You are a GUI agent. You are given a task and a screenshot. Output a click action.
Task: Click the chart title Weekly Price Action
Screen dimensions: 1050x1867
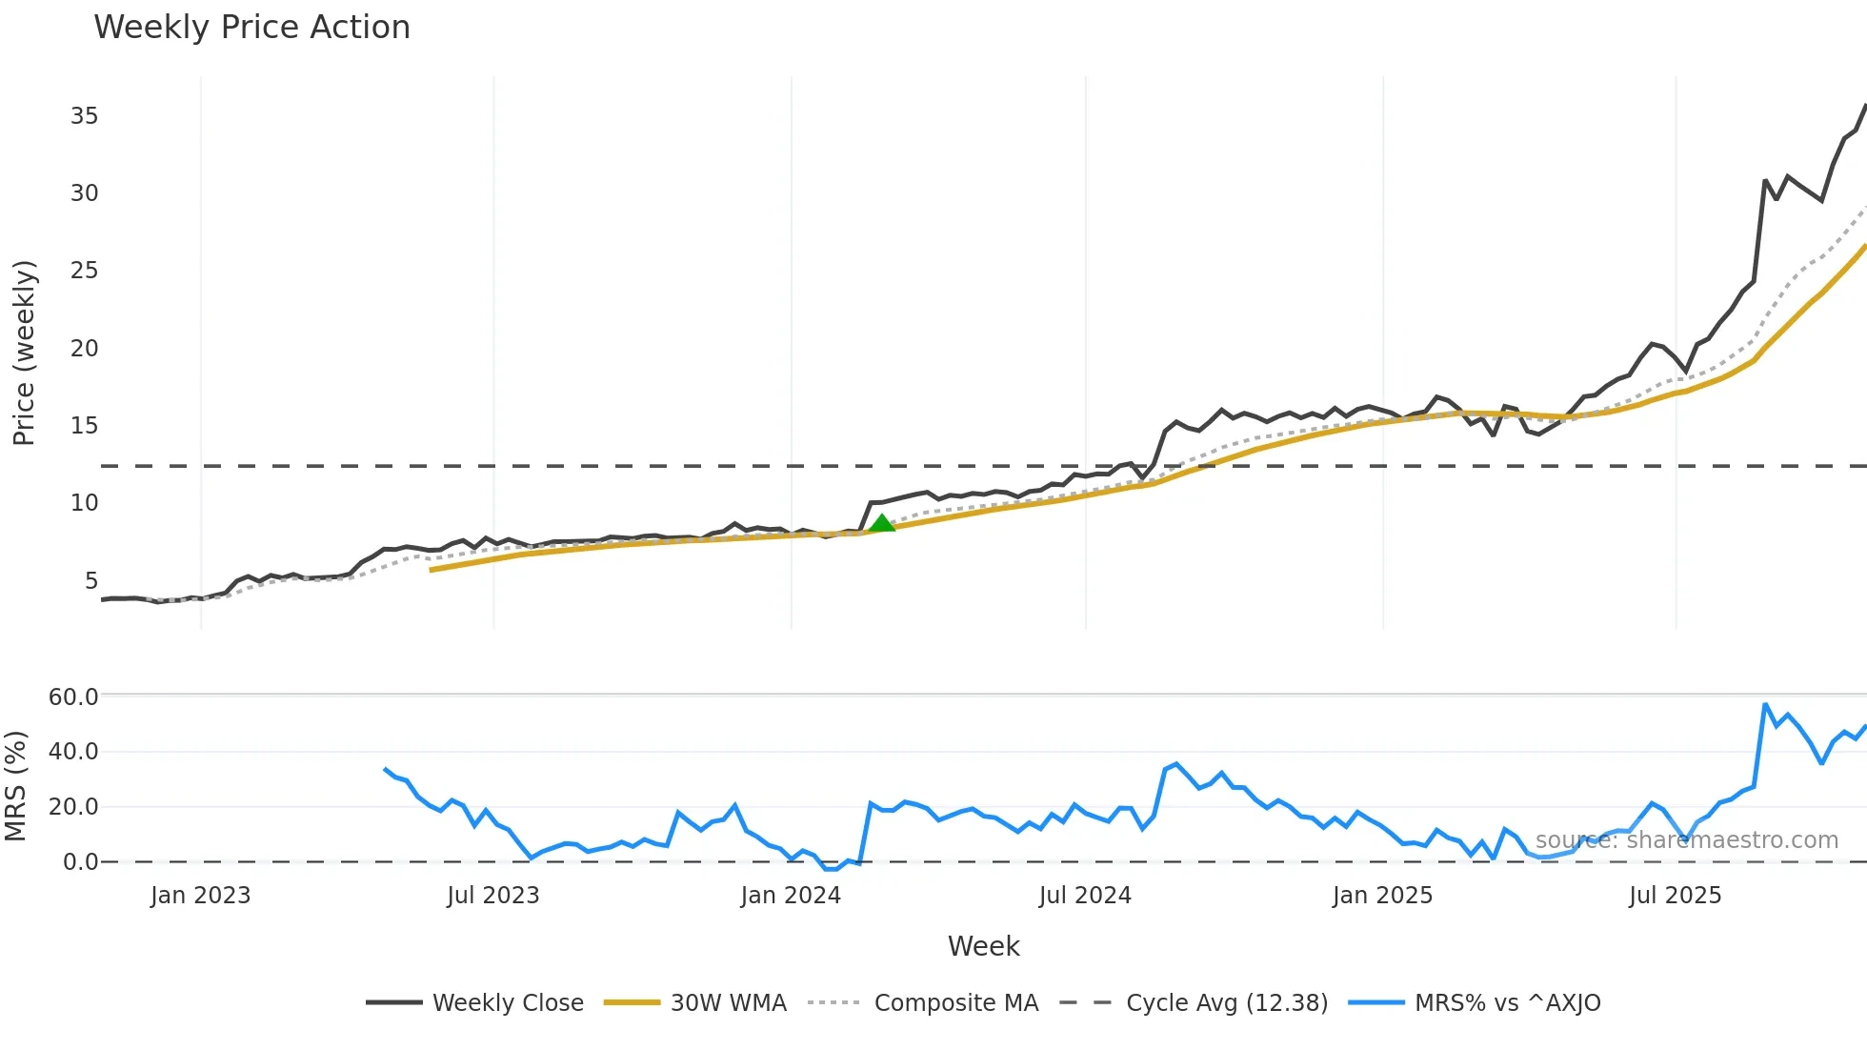[x=251, y=28]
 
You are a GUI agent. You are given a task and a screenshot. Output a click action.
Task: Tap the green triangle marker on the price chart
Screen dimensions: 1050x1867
[x=882, y=523]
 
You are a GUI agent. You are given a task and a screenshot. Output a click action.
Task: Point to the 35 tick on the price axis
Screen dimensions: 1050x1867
[x=84, y=116]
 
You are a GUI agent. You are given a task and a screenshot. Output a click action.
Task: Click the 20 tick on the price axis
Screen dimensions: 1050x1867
[x=84, y=349]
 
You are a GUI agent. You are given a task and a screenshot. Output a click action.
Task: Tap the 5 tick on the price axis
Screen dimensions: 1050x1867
[x=90, y=581]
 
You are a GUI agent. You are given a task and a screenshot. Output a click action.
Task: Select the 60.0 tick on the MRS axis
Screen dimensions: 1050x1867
[x=73, y=697]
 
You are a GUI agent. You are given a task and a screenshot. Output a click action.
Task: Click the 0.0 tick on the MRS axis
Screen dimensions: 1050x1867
[x=80, y=862]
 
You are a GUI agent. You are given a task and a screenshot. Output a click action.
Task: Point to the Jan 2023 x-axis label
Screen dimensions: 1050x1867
[x=200, y=896]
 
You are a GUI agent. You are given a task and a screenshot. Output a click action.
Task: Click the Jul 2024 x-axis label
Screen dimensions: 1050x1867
[x=1085, y=896]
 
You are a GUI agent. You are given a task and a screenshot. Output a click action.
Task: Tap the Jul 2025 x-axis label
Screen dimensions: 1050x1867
[x=1675, y=896]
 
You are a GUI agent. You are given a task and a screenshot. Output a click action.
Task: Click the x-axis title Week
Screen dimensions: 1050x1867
[x=983, y=946]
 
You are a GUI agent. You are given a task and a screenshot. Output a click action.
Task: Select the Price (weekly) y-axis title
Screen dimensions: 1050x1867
[x=24, y=353]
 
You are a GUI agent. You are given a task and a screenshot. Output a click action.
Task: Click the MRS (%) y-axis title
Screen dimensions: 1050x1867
[x=15, y=786]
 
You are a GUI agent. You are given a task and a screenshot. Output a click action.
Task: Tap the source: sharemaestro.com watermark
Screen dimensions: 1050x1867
[x=1686, y=840]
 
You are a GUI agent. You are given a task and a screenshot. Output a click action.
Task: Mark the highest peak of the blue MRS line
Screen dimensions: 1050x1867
[x=1765, y=705]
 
